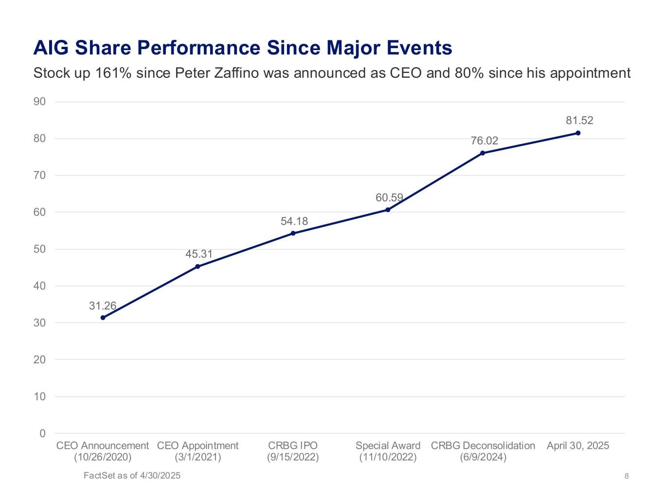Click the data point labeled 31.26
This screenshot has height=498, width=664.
[x=103, y=318]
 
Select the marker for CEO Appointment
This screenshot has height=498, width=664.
[x=197, y=267]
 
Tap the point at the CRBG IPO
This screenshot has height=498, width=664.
[x=293, y=233]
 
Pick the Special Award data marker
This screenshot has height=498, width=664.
[x=388, y=210]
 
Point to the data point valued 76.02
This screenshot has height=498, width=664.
[x=483, y=153]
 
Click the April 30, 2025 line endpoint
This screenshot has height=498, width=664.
[x=578, y=133]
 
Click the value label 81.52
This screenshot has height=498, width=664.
[x=579, y=121]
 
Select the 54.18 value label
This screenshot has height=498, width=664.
[x=294, y=221]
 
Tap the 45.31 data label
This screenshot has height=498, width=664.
[x=199, y=254]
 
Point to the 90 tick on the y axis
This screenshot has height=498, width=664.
[x=40, y=102]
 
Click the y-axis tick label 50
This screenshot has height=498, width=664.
[x=40, y=249]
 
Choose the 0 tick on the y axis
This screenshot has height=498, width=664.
[x=43, y=433]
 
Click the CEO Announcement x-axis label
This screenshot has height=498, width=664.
[x=103, y=445]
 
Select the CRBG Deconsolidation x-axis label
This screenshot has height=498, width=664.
[x=483, y=445]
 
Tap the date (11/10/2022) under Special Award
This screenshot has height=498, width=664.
[x=388, y=457]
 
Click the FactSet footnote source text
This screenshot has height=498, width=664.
[x=132, y=476]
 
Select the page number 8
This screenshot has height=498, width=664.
[x=627, y=476]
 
